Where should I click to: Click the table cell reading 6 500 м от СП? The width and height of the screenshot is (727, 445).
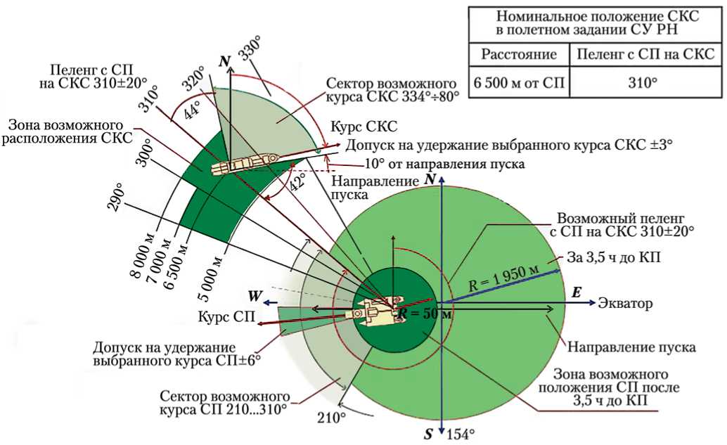pyautogui.click(x=519, y=82)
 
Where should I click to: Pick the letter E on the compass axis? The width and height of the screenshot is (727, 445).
pyautogui.click(x=577, y=292)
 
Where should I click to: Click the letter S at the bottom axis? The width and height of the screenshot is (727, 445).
pyautogui.click(x=427, y=434)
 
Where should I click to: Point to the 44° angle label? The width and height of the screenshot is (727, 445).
pyautogui.click(x=191, y=109)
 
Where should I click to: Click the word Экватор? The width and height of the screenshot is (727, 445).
pyautogui.click(x=626, y=304)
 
